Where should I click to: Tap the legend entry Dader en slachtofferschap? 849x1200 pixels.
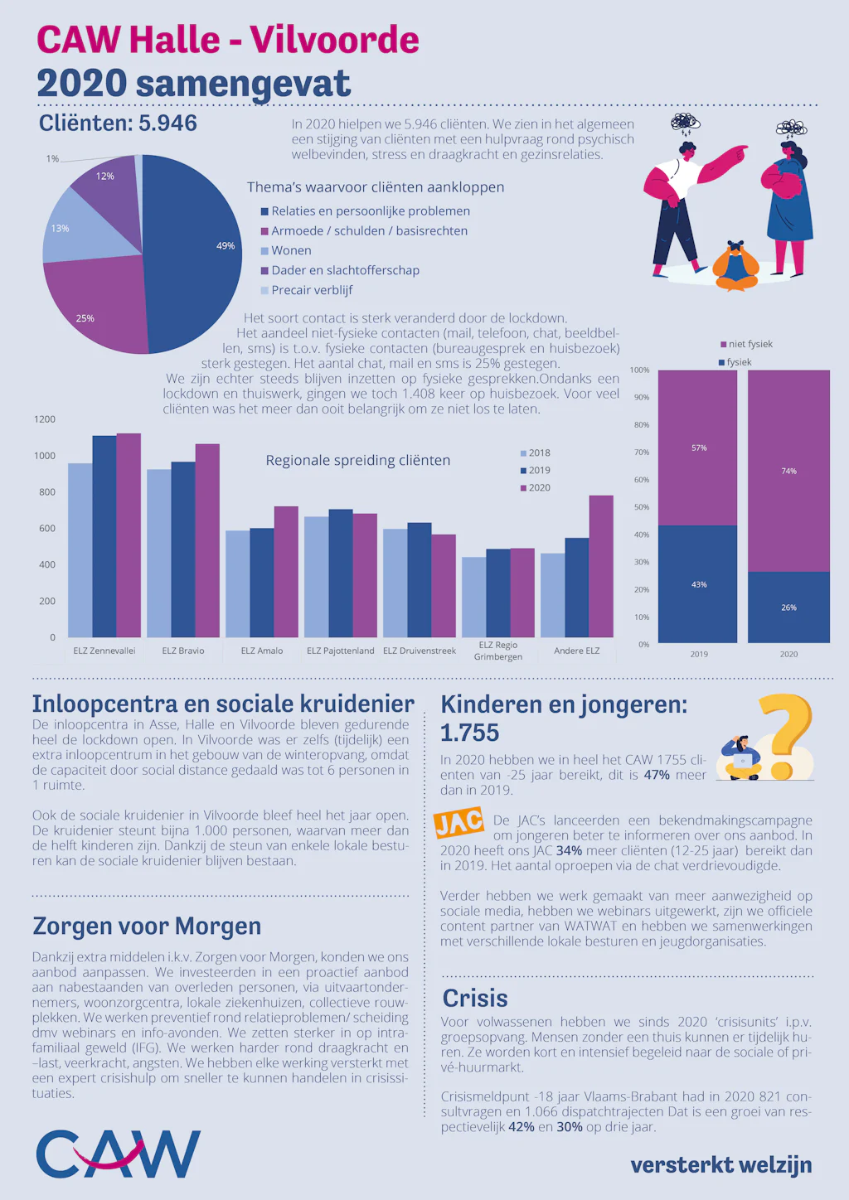340,270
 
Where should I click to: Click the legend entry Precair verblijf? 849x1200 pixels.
307,290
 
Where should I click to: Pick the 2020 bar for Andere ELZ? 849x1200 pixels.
601,566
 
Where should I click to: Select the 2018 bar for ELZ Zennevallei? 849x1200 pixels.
80,550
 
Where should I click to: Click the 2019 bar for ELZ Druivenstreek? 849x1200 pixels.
420,580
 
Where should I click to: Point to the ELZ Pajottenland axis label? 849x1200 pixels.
341,651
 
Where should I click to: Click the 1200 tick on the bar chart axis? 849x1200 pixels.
45,419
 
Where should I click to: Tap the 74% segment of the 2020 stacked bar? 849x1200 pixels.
789,471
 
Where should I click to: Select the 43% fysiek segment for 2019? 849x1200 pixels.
698,584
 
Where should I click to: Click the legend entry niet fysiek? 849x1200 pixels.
746,345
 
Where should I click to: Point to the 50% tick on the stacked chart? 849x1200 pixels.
641,507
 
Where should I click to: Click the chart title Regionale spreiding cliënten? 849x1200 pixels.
358,460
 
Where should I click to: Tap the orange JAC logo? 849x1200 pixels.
458,822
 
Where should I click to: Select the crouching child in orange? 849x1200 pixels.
735,266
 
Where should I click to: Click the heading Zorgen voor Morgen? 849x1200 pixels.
147,927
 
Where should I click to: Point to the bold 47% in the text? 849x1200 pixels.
657,775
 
